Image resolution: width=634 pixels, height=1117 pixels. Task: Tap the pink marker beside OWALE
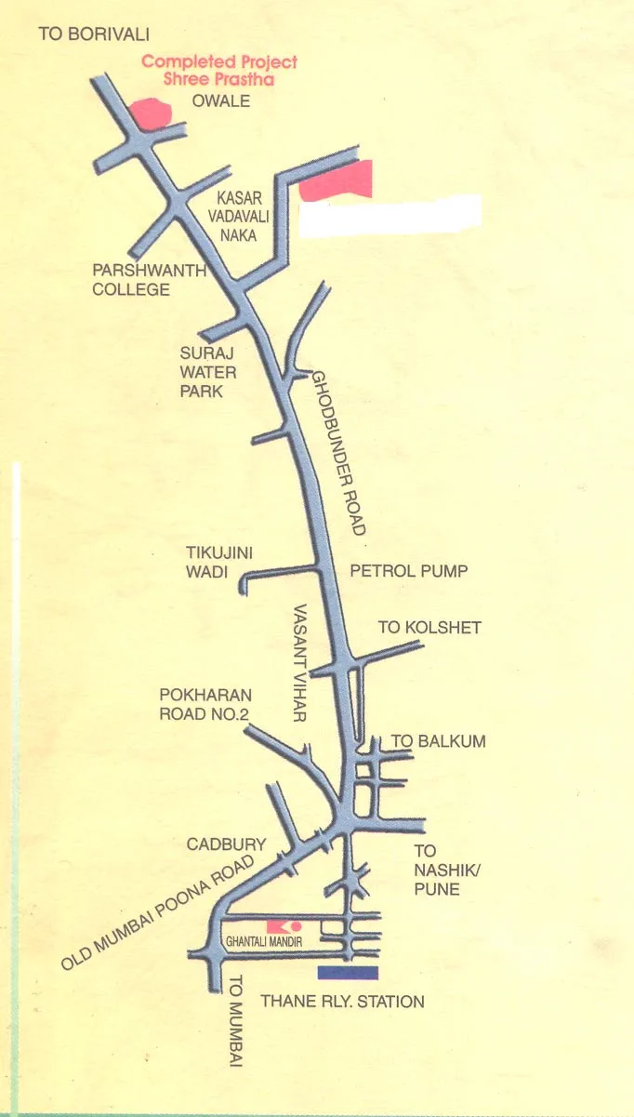click(151, 113)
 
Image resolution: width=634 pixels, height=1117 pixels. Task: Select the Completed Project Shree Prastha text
click(219, 71)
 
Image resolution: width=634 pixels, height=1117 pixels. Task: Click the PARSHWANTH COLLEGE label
click(131, 280)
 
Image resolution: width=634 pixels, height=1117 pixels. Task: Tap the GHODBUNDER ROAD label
click(337, 452)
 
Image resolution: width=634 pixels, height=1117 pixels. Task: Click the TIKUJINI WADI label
click(219, 562)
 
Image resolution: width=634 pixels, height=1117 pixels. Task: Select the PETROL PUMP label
click(408, 570)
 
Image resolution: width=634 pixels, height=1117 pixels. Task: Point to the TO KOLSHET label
click(429, 628)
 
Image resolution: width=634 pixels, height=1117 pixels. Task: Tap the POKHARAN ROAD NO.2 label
click(205, 704)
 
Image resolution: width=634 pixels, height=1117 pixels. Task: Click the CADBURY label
click(227, 844)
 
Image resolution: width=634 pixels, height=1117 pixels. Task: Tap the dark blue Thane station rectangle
click(348, 973)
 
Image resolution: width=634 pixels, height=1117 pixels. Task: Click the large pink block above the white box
click(337, 180)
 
